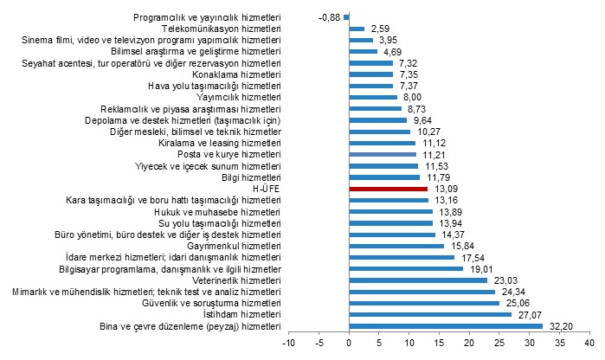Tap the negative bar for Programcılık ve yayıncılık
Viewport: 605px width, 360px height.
(x=346, y=17)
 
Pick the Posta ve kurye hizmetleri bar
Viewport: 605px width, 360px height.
(x=383, y=154)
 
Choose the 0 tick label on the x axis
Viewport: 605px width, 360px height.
(x=349, y=344)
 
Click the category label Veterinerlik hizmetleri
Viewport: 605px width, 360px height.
(x=235, y=280)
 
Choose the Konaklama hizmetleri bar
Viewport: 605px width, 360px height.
(x=370, y=74)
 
